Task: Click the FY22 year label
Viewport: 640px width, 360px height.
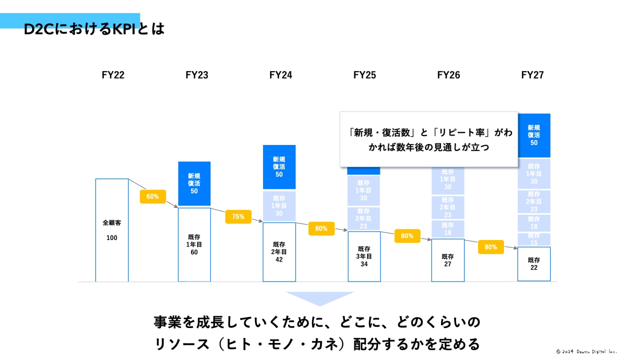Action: point(113,75)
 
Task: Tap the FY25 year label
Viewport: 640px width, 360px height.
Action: point(364,75)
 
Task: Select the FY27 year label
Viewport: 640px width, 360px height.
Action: point(532,75)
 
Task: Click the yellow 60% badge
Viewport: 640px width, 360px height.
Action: point(152,196)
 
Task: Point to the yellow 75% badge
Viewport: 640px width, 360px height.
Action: point(238,216)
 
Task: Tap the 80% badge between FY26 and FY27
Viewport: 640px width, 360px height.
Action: point(490,247)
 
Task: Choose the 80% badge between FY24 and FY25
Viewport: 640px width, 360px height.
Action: point(321,228)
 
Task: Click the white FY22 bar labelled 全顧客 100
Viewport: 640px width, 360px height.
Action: point(112,230)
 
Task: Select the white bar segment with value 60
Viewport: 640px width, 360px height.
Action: point(194,245)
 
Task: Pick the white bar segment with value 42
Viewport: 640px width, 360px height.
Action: point(279,252)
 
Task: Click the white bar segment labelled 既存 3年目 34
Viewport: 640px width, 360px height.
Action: point(364,256)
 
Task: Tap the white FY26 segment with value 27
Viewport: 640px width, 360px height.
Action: point(447,260)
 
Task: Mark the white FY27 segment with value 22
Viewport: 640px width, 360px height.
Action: point(533,264)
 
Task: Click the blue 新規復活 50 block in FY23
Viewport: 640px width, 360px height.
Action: point(194,183)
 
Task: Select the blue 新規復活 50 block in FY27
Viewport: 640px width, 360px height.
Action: point(533,135)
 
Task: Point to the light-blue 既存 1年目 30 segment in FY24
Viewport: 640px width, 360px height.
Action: point(279,205)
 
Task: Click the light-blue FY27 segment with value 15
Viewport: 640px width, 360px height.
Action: point(533,239)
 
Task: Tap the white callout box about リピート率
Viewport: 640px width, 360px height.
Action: point(428,139)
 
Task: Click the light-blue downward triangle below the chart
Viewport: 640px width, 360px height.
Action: point(319,298)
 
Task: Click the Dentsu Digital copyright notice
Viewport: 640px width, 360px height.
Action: point(586,351)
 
